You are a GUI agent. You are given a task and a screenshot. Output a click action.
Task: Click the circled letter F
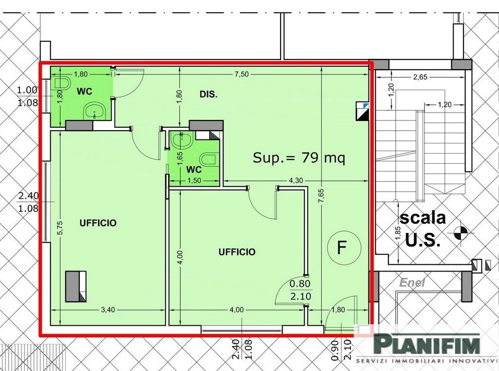click(344, 248)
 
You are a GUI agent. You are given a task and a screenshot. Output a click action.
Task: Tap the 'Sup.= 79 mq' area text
click(299, 157)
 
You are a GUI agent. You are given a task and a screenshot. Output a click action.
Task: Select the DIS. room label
click(209, 94)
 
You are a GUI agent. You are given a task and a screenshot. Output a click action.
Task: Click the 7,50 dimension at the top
click(242, 75)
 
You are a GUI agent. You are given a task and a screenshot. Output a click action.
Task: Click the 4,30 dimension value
click(296, 180)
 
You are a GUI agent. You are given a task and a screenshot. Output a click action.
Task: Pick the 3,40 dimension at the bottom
click(108, 310)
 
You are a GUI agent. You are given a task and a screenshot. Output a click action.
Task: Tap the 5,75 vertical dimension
click(60, 228)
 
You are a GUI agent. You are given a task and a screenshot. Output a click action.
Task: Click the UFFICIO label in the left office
click(98, 223)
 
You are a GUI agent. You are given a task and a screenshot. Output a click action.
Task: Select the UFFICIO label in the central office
click(237, 252)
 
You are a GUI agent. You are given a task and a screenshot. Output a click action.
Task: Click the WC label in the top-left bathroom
click(84, 91)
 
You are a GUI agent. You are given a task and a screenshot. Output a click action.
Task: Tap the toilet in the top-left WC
click(62, 83)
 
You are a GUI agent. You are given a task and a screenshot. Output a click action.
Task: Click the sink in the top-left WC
click(95, 111)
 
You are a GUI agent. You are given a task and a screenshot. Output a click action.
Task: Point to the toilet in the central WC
click(210, 159)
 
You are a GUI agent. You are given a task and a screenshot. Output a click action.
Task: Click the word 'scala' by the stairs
click(422, 218)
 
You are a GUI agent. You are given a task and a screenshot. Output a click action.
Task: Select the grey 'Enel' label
click(412, 282)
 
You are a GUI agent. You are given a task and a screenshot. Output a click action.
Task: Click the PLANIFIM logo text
click(426, 343)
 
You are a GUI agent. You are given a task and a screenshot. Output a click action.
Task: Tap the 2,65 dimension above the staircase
click(420, 77)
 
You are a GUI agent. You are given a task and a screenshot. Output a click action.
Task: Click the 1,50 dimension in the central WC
click(194, 180)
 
